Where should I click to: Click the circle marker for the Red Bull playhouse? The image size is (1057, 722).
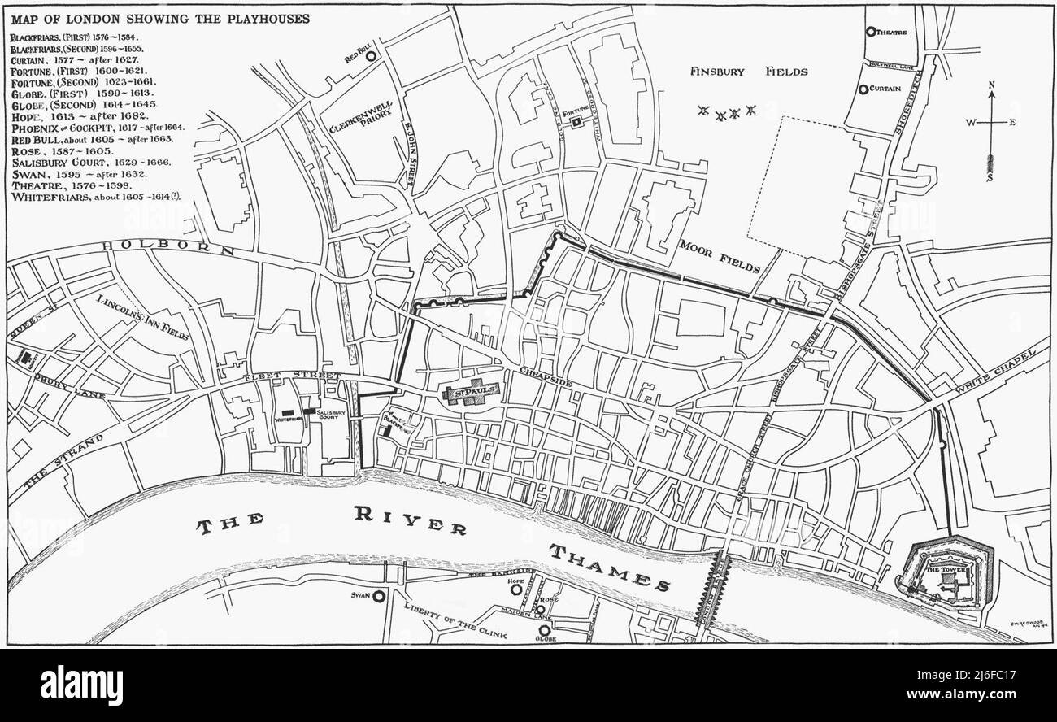pyautogui.click(x=371, y=57)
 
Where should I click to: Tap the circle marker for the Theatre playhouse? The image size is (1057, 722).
pyautogui.click(x=871, y=33)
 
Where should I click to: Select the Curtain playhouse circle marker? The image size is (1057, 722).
pyautogui.click(x=863, y=89)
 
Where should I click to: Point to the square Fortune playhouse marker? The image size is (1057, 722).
pyautogui.click(x=576, y=123)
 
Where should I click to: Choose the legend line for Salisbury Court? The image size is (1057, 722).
pyautogui.click(x=89, y=163)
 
